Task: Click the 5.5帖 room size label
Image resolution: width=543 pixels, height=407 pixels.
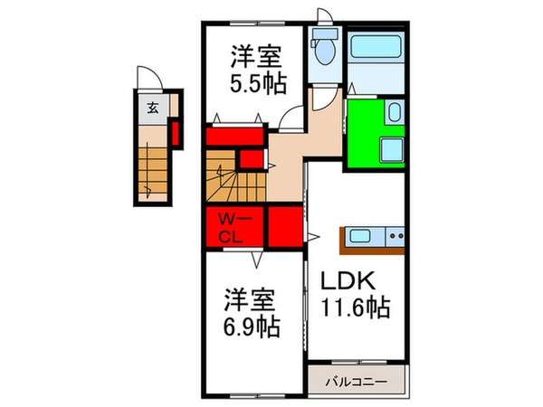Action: (x=258, y=83)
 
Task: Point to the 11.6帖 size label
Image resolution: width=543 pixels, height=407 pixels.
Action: (x=355, y=309)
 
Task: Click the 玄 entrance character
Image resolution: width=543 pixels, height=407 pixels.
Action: (x=153, y=109)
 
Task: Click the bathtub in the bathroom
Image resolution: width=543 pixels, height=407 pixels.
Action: (x=374, y=46)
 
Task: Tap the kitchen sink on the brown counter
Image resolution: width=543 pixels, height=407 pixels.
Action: (x=360, y=237)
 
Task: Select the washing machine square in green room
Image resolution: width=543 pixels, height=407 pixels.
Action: (x=393, y=149)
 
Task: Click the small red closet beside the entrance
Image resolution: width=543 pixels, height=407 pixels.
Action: (x=176, y=133)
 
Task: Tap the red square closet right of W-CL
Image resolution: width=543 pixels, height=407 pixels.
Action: (x=284, y=227)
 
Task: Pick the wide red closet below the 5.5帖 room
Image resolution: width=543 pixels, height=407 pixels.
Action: (x=233, y=137)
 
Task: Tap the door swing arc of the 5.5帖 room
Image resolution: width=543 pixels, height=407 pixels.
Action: (x=291, y=116)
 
